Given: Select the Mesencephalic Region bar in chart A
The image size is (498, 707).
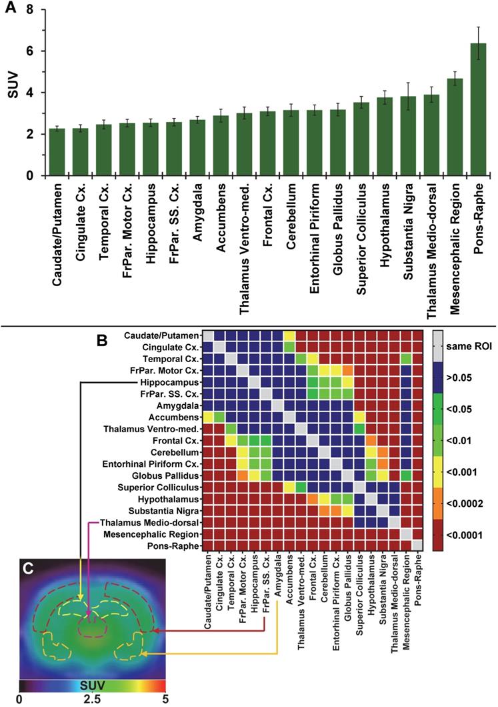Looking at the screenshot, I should tap(455, 127).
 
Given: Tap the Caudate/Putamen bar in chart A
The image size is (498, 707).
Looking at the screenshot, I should tap(57, 152).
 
